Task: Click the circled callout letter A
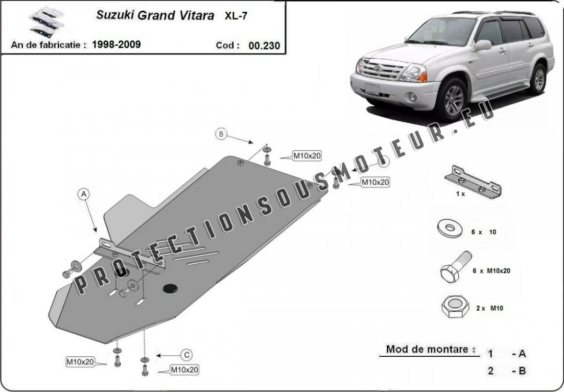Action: pyautogui.click(x=83, y=194)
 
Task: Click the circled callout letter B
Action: pyautogui.click(x=221, y=134)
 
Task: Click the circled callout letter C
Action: pyautogui.click(x=187, y=355)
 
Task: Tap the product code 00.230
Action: pyautogui.click(x=264, y=46)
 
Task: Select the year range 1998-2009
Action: pyautogui.click(x=116, y=45)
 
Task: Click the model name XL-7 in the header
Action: pyautogui.click(x=236, y=16)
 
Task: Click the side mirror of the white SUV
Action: pyautogui.click(x=482, y=46)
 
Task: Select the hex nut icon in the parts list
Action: pyautogui.click(x=455, y=306)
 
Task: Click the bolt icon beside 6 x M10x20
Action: pyautogui.click(x=456, y=267)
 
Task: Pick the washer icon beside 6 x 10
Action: pyautogui.click(x=449, y=229)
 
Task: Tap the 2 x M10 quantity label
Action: pyautogui.click(x=490, y=308)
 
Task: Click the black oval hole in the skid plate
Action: pyautogui.click(x=170, y=288)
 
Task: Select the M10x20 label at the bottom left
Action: pyautogui.click(x=80, y=362)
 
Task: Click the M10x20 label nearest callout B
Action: pyautogui.click(x=307, y=156)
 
